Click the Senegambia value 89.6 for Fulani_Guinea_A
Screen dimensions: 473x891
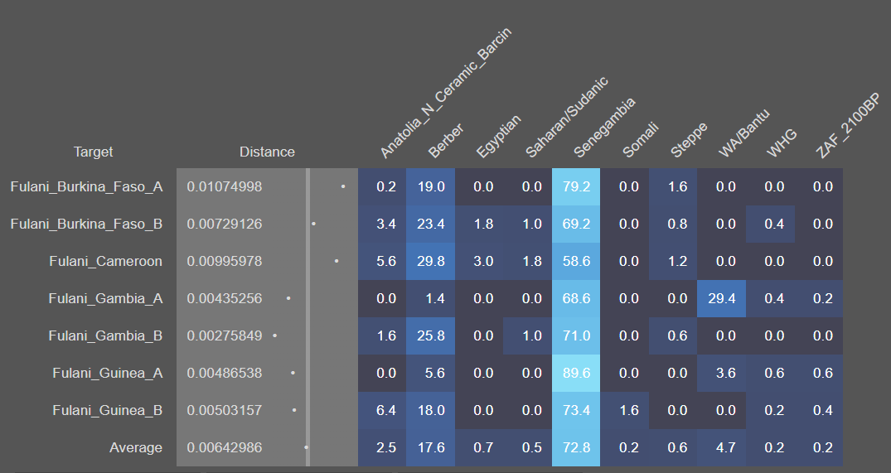[575, 373]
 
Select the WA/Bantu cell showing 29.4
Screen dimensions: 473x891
[721, 298]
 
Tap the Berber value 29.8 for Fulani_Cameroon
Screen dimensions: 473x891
[430, 261]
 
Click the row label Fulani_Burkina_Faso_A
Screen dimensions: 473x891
[86, 186]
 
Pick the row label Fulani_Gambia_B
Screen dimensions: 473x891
[105, 335]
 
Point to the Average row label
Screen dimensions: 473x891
[136, 447]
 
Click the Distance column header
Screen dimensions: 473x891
[267, 152]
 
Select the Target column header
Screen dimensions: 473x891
[94, 152]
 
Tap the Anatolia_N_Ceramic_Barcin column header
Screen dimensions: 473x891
[445, 93]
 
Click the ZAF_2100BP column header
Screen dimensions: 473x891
[846, 126]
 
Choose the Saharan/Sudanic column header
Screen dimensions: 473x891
[567, 117]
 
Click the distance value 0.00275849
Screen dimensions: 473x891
[225, 335]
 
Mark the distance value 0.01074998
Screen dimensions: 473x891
[225, 186]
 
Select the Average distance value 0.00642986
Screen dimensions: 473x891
[225, 447]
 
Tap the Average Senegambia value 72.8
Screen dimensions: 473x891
[575, 447]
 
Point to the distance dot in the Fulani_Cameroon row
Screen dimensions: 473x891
[337, 261]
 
